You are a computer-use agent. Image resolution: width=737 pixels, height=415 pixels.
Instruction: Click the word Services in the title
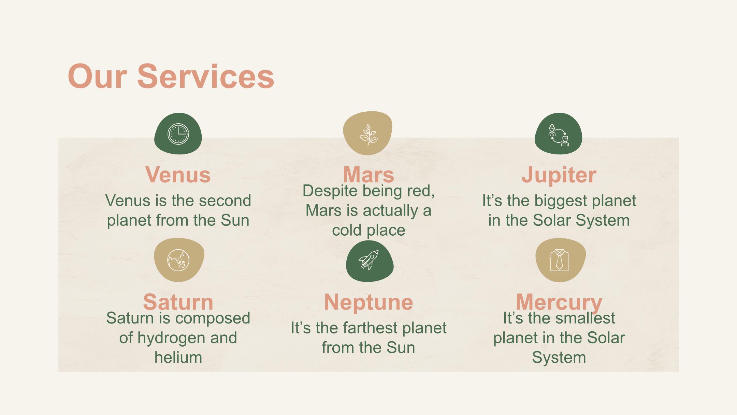pos(206,77)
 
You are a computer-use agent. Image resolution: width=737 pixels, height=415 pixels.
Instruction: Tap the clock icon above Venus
pos(178,134)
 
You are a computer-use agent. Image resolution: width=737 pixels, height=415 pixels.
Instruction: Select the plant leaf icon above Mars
pos(369,135)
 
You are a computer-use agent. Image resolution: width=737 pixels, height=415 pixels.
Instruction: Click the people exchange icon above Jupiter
pos(559,135)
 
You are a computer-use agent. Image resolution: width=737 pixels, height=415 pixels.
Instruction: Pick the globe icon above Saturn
pos(178,260)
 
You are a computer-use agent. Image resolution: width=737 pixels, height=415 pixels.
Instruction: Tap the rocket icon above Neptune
pos(369,260)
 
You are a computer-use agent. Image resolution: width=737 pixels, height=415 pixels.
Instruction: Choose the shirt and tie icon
pos(560,260)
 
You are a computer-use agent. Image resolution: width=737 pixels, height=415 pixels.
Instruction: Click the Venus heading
pos(178,175)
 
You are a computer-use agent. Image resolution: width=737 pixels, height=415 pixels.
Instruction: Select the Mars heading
pos(369,175)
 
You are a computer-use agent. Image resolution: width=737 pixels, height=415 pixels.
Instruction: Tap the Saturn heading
pos(178,302)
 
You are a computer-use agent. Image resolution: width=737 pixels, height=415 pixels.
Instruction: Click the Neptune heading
pos(369,303)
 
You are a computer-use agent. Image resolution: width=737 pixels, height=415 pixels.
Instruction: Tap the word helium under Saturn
pos(178,357)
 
